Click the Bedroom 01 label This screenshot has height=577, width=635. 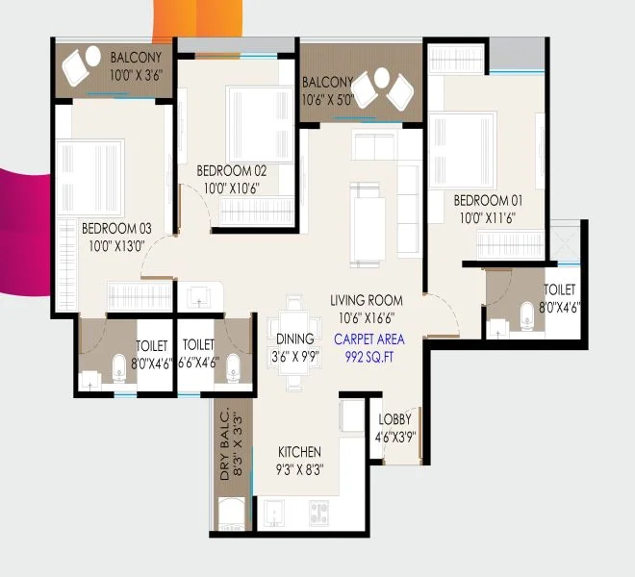tap(488, 200)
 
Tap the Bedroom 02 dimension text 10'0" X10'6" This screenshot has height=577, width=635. tap(231, 188)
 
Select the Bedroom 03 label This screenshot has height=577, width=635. tap(116, 228)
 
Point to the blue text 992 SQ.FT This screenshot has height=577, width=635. tap(369, 357)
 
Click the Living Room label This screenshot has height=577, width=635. tap(367, 300)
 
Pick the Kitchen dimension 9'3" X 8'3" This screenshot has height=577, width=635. tap(299, 469)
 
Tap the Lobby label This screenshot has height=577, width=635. tap(394, 419)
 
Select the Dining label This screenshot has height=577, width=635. tap(295, 339)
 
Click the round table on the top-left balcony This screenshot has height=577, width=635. tap(93, 56)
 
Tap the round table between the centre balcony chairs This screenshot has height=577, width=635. tap(382, 78)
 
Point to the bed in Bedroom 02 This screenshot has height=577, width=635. tap(260, 124)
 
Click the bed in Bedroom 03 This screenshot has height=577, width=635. tap(90, 178)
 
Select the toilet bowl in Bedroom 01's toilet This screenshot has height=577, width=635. tap(527, 315)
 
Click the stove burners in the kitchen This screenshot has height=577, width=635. tap(318, 513)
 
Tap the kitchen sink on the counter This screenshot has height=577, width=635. tap(274, 513)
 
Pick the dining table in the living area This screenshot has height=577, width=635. tap(294, 343)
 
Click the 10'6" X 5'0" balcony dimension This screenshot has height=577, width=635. tap(328, 100)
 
